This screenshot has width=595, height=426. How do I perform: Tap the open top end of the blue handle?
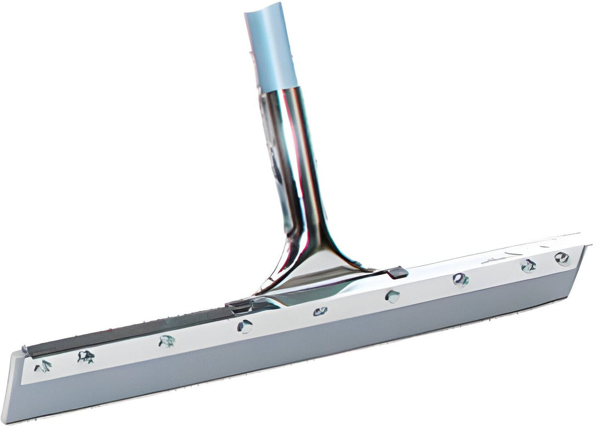point(263,11)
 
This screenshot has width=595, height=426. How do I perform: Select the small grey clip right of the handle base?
point(398,272)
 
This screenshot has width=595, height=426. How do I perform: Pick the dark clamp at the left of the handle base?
point(241,307)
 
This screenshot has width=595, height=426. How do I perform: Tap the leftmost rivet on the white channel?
point(43,366)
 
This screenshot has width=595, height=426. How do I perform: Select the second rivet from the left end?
point(85,356)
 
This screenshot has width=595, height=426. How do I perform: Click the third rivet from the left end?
point(167,341)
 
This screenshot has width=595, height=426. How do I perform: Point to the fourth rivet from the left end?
point(244,326)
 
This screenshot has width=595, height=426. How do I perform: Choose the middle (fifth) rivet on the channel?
point(320,311)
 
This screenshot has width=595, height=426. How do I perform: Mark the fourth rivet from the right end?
point(393,296)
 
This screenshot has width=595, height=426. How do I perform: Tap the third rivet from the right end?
point(460,280)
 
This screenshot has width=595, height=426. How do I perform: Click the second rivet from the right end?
point(528,265)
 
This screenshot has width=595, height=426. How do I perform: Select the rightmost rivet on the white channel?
point(562,258)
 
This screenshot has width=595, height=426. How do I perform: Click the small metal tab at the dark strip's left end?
point(25,350)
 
